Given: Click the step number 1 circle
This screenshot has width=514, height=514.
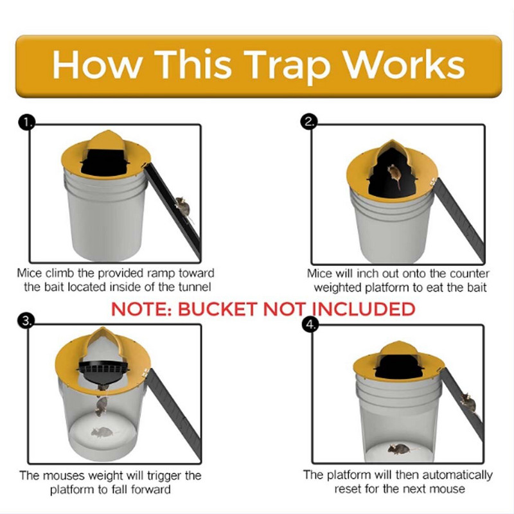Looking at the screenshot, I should pos(26,122).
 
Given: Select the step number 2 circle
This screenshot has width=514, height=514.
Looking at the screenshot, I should pos(310,122).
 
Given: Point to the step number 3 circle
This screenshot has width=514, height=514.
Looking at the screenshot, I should pos(26,321).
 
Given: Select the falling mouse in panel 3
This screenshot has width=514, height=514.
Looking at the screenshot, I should pos(101,405).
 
